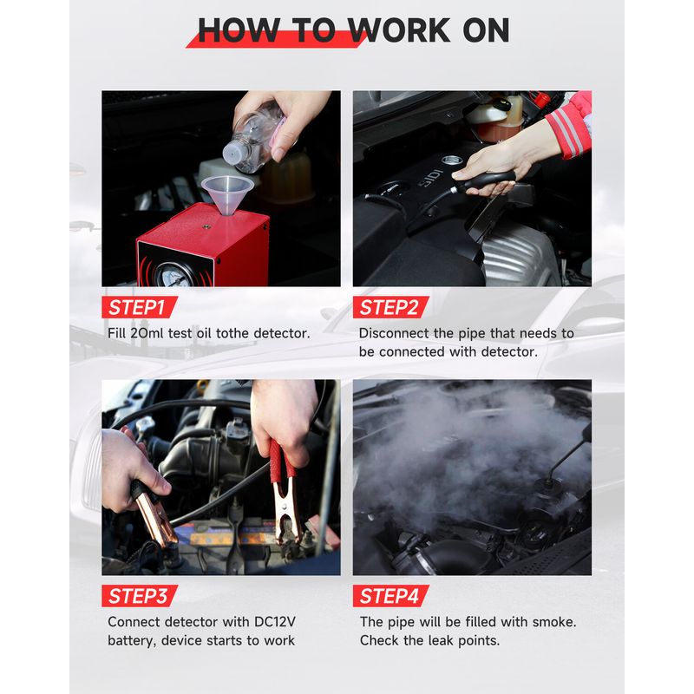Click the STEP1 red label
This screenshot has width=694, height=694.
[x=140, y=307]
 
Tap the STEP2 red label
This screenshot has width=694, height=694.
[x=391, y=307]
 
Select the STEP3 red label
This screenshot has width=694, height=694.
[x=140, y=596]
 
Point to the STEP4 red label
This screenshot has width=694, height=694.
[x=391, y=596]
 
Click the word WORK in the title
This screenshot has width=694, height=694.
[x=399, y=30]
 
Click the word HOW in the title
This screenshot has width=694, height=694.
[x=239, y=30]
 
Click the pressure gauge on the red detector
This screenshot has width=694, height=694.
[x=174, y=275]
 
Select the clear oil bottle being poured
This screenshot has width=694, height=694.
[x=253, y=137]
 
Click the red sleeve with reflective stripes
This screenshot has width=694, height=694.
[x=570, y=125]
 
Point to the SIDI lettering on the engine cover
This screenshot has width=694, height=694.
[x=430, y=177]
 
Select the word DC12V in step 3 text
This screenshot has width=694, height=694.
[x=275, y=621]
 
